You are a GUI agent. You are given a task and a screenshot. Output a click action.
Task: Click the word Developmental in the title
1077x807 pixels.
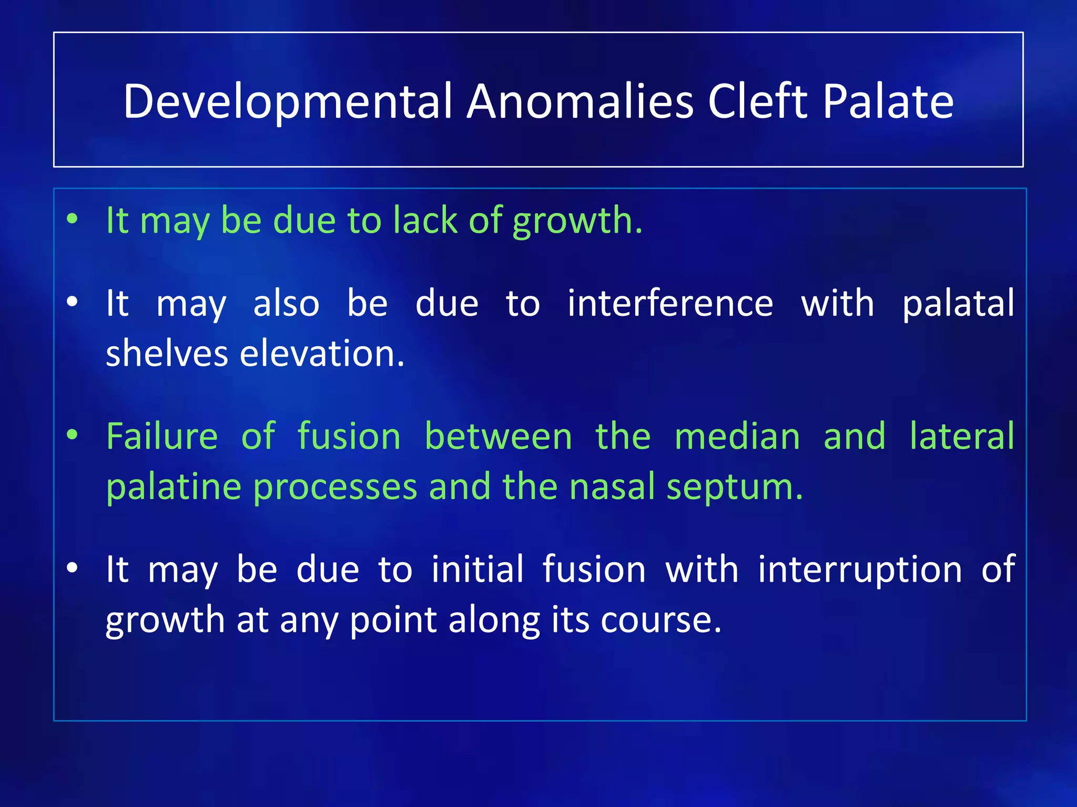tap(288, 102)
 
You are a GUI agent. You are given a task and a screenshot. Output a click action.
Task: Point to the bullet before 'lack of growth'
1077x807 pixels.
tap(73, 219)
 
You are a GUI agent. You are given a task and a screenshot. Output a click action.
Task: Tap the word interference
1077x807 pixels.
tap(670, 304)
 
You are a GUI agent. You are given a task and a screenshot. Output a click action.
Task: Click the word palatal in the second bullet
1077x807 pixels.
tap(958, 304)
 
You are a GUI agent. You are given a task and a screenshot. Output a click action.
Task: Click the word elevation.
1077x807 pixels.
tap(322, 353)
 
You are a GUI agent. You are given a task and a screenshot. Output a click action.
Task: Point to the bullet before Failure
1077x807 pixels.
tap(73, 435)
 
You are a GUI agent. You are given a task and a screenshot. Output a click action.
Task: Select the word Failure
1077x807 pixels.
tap(162, 437)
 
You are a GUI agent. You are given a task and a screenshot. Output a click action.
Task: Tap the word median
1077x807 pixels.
tap(737, 437)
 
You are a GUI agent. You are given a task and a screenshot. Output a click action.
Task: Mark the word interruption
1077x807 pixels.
tap(860, 570)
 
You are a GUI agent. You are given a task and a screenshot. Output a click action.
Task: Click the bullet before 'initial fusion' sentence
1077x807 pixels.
tap(73, 568)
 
